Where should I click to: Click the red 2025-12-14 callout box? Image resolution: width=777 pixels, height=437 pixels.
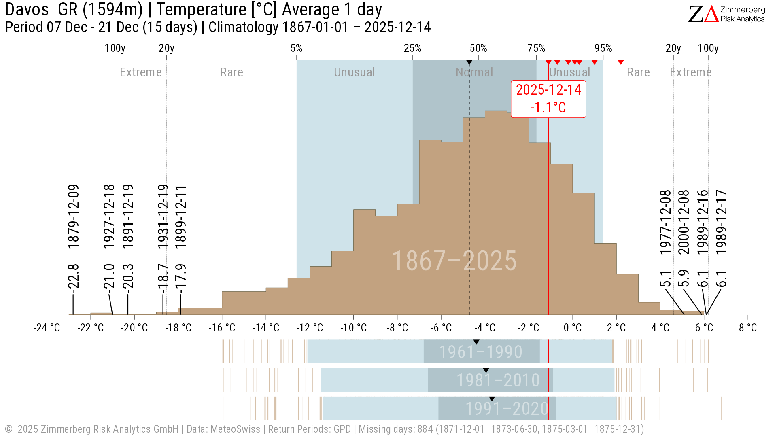(x=548, y=99)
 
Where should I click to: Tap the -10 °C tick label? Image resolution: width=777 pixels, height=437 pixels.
(x=353, y=328)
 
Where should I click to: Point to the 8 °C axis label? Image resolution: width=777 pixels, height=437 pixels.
(x=747, y=328)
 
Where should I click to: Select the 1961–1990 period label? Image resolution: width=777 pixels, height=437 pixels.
(x=481, y=352)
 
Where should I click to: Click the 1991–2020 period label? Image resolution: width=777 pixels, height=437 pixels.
(x=507, y=409)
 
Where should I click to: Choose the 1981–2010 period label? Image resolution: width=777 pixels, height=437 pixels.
(x=498, y=380)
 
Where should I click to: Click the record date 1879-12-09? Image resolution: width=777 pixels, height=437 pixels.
(x=73, y=216)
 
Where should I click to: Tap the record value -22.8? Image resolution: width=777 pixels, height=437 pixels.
(x=73, y=277)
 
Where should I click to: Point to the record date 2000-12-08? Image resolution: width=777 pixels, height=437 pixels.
(x=684, y=222)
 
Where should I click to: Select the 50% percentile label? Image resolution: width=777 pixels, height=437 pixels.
(x=478, y=48)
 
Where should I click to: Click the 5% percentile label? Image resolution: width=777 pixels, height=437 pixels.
(x=297, y=48)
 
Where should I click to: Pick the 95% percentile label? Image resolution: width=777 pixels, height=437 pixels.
(x=603, y=48)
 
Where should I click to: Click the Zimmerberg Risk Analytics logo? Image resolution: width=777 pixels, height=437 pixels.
(x=726, y=14)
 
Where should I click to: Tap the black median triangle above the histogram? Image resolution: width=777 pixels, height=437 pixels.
(x=469, y=63)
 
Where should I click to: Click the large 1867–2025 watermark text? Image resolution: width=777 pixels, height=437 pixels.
(x=454, y=261)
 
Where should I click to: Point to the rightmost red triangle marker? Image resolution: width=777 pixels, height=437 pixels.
(x=621, y=62)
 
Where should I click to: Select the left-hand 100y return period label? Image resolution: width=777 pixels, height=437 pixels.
(x=115, y=48)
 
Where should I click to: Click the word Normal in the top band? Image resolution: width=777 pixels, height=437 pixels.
(x=474, y=72)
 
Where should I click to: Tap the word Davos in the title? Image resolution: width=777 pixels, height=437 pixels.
(x=27, y=10)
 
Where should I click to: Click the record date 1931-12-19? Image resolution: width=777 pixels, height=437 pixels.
(x=163, y=216)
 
